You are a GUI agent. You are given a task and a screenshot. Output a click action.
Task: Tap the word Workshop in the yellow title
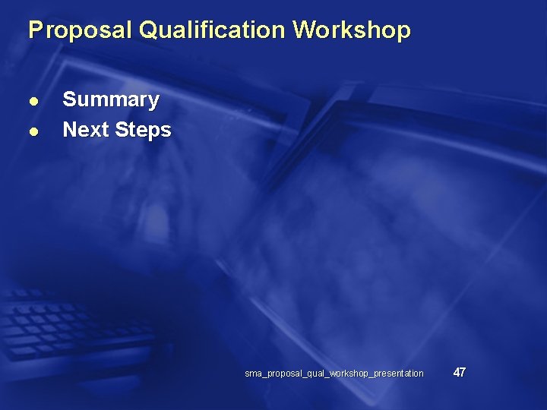click(352, 30)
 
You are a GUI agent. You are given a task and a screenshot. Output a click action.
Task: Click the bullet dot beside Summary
click(33, 101)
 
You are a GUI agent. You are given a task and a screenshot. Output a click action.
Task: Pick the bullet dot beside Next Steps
click(33, 131)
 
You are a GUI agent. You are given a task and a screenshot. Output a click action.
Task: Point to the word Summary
click(111, 100)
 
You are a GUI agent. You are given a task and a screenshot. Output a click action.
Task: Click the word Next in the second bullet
click(86, 130)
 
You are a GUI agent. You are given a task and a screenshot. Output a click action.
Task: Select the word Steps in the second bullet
click(144, 131)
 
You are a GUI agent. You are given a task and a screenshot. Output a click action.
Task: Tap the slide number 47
click(459, 372)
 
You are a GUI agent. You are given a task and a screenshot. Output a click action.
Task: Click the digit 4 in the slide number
click(456, 372)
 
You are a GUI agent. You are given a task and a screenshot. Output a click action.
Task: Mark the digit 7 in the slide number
click(463, 372)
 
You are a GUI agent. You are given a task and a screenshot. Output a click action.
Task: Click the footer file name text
click(334, 374)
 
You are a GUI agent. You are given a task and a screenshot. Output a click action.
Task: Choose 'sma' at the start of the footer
click(252, 374)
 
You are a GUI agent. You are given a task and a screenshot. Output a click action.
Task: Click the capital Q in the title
click(150, 30)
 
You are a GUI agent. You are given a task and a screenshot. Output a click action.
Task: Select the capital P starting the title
click(34, 30)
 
